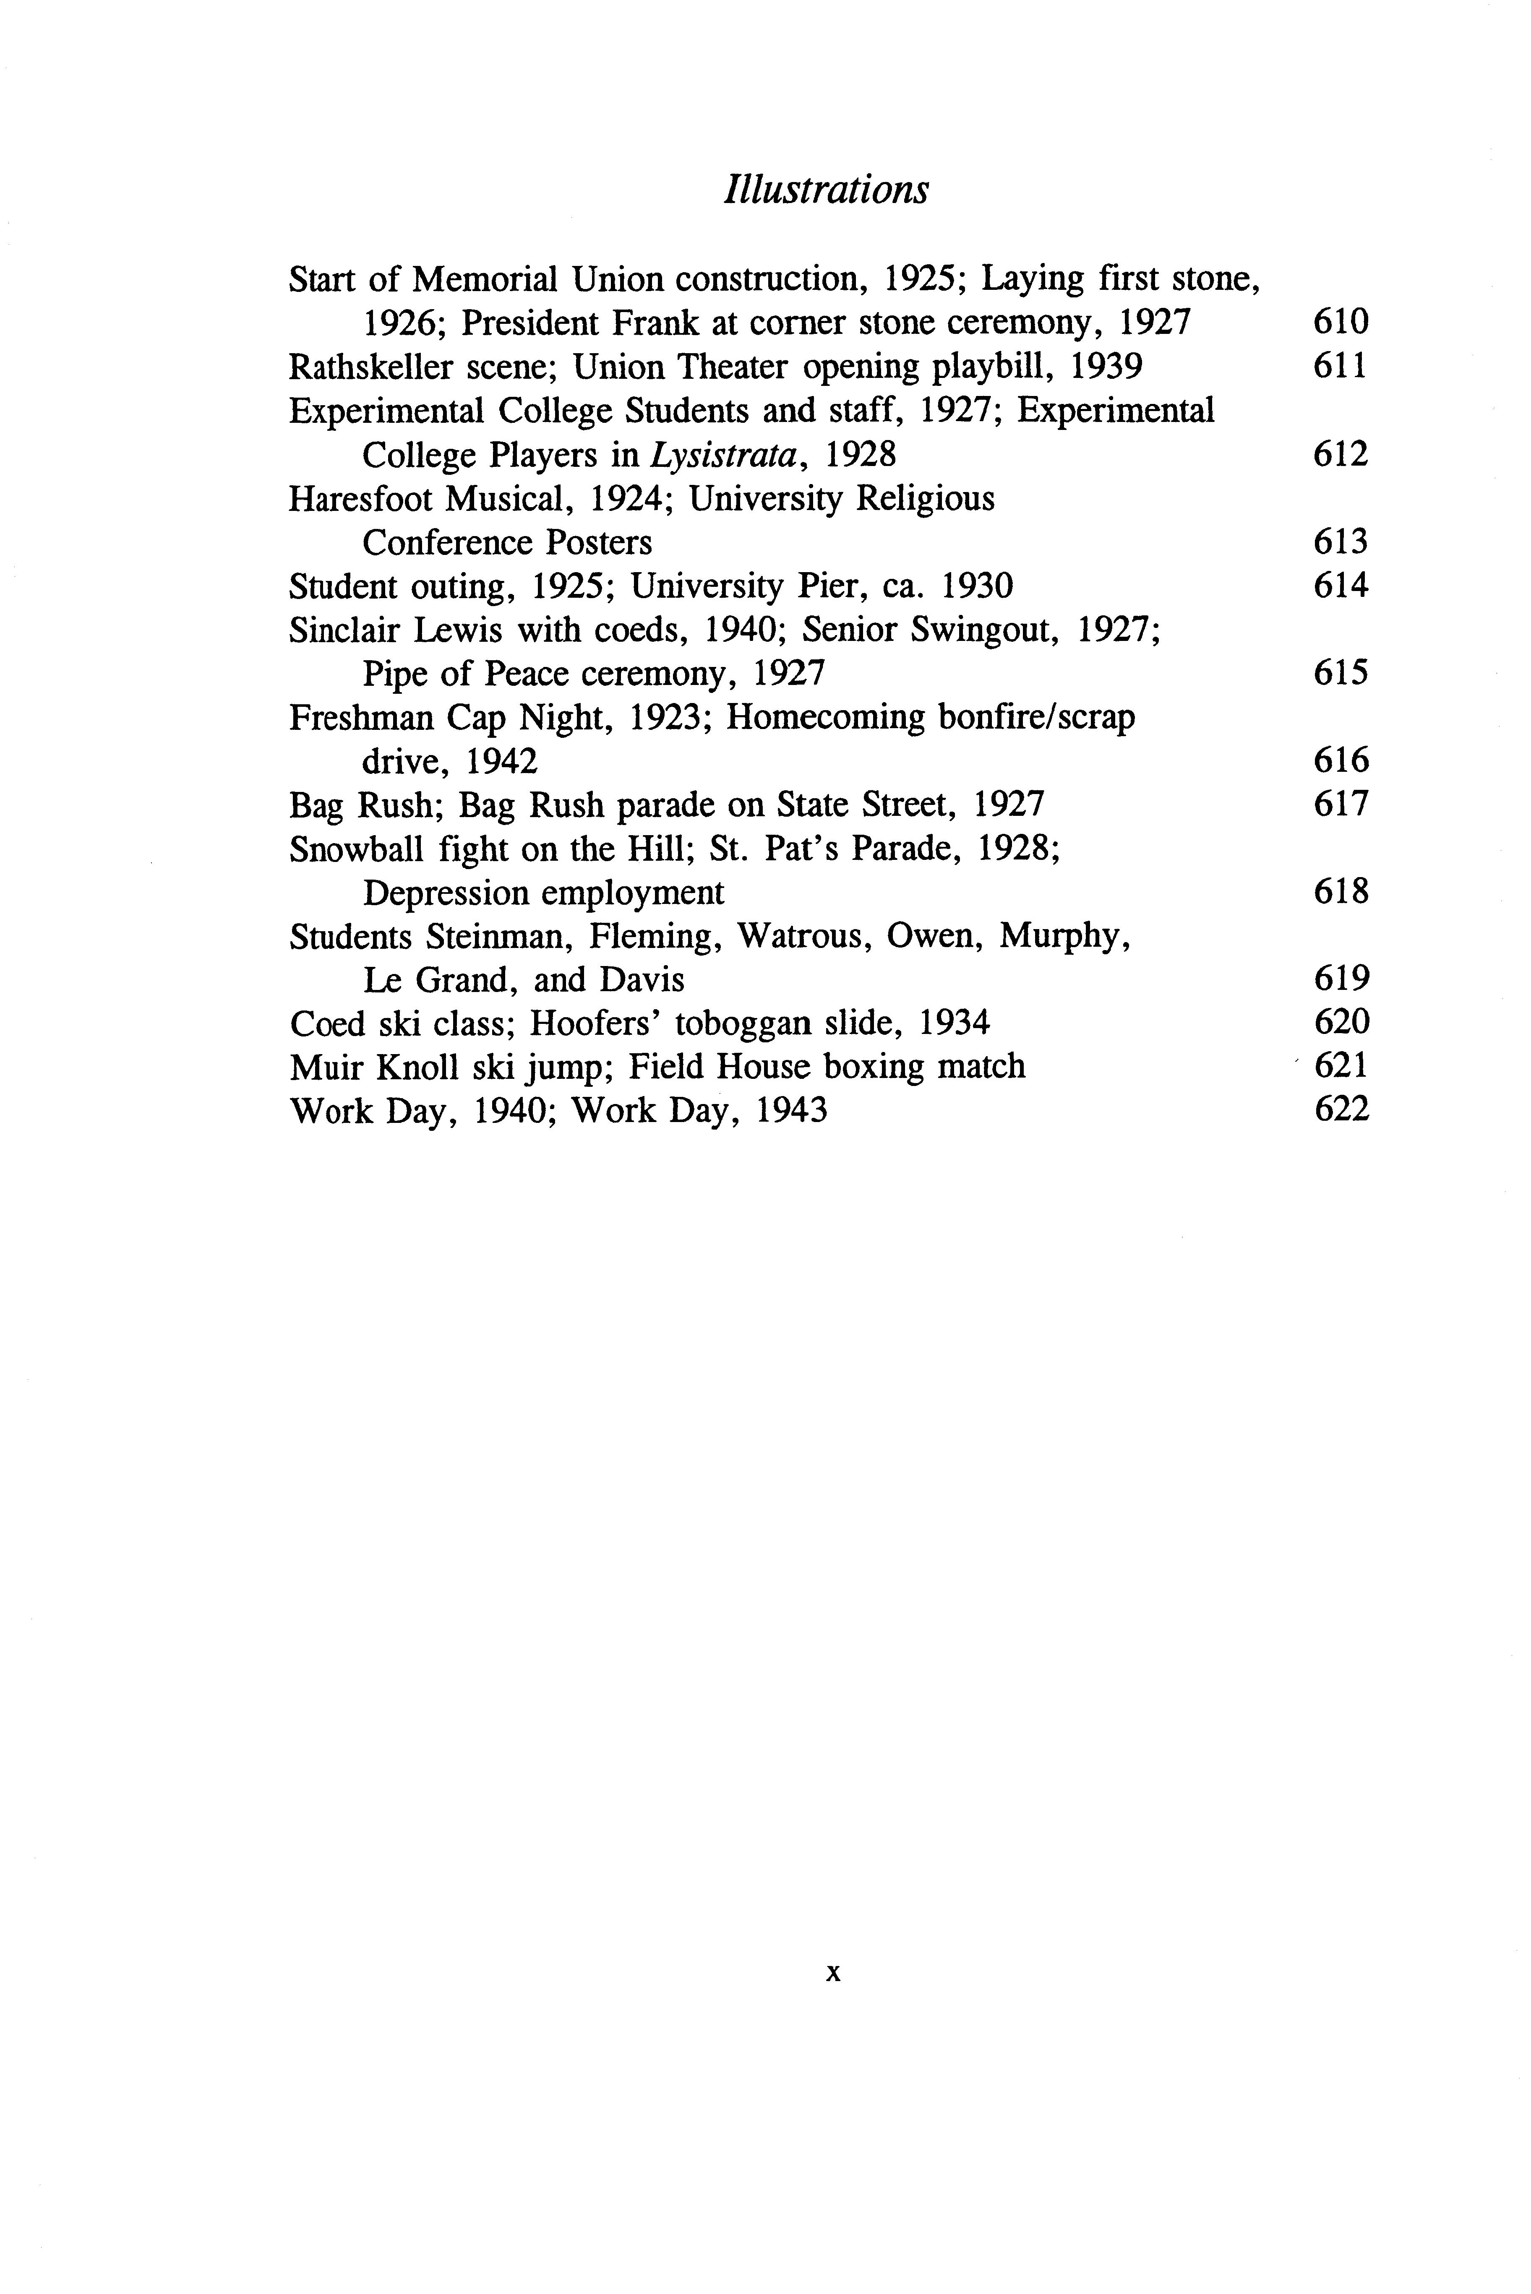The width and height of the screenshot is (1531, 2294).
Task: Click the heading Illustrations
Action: [826, 189]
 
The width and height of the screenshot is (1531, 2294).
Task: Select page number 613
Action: [1341, 542]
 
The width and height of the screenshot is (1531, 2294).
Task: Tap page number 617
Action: [1341, 805]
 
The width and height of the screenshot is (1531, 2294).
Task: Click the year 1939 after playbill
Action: [1106, 367]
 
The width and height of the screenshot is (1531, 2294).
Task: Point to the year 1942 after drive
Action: [501, 761]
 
